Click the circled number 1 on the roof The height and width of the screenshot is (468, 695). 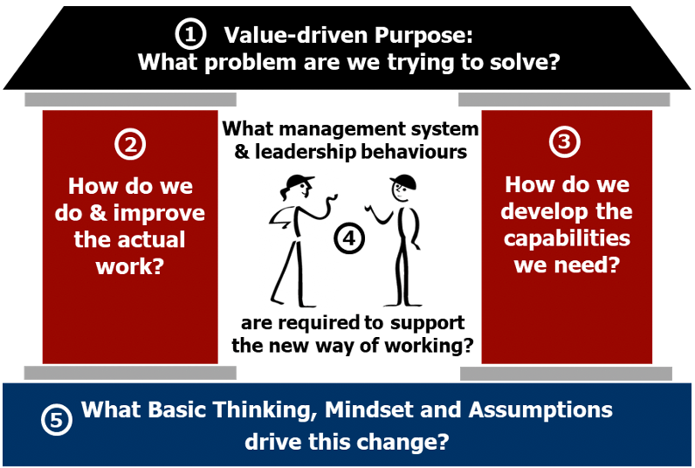pos(190,35)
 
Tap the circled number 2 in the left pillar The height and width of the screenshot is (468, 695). pos(130,144)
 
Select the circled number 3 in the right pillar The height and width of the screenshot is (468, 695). pos(564,142)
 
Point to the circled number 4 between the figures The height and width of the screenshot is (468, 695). pos(349,238)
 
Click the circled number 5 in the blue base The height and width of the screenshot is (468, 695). pos(57,419)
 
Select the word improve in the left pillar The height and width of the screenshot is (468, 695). pos(159,213)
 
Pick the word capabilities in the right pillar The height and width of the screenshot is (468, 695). pos(567,238)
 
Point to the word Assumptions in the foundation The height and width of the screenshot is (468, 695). pos(540,410)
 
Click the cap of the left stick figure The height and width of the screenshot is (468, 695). pos(299,181)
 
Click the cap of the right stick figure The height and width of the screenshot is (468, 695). pos(403,181)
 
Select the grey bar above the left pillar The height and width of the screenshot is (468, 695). pos(130,100)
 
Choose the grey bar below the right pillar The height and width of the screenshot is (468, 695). pos(566,374)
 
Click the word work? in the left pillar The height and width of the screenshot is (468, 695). pos(130,266)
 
